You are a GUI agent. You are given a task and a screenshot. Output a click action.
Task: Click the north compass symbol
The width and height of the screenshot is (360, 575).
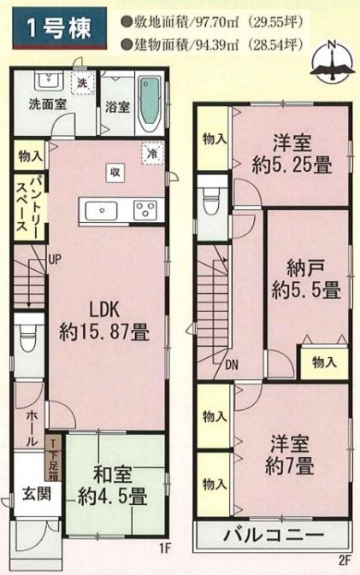pos(332,62)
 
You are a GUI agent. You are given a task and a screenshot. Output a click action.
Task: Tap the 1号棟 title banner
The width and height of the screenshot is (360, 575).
pos(60,28)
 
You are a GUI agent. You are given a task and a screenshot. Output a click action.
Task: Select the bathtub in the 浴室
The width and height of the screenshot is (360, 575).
pos(150,104)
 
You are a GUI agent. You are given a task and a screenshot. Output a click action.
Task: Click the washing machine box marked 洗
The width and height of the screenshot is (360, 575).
pos(82,83)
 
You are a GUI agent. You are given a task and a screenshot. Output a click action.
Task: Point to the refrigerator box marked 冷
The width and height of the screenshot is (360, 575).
pos(152,153)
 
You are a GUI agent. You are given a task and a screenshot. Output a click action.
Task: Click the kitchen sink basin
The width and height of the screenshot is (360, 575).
pos(102,210)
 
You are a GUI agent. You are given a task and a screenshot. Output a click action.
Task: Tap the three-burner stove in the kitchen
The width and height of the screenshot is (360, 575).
pos(145,210)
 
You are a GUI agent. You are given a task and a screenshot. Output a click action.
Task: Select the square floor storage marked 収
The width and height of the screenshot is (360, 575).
pos(115,173)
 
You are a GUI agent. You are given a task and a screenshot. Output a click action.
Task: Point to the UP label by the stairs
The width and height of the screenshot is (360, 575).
pos(55,261)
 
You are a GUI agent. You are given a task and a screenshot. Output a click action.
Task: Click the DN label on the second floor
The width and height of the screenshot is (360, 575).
pos(232,365)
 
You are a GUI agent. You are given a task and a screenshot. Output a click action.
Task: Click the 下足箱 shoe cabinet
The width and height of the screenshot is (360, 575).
pos(53,457)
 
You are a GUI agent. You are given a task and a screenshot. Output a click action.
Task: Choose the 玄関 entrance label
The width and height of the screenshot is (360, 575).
pos(37,495)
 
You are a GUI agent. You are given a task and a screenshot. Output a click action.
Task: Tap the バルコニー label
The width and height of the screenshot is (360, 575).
pos(274,536)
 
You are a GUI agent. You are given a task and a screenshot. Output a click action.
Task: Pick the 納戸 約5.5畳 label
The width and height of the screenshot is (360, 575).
pos(306,281)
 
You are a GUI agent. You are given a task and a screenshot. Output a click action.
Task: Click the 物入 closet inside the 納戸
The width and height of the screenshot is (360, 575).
pos(324,362)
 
